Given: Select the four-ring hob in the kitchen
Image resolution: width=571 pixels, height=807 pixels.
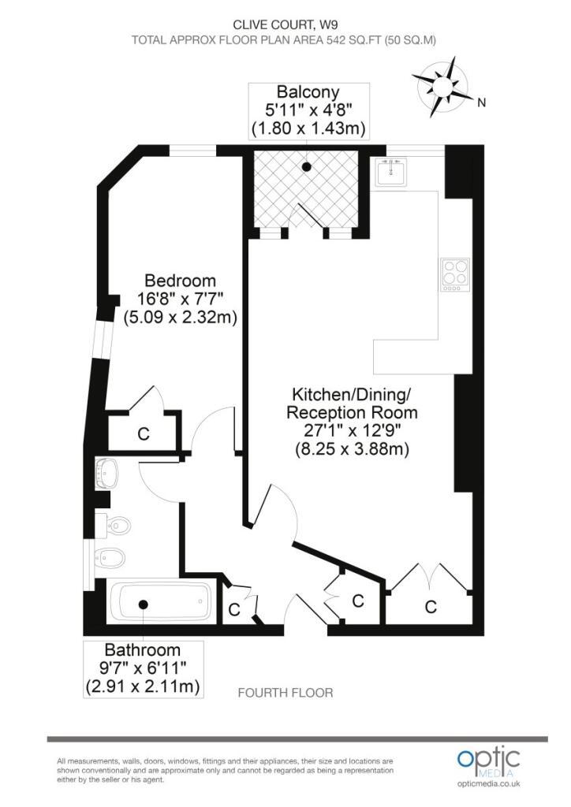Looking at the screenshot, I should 455,275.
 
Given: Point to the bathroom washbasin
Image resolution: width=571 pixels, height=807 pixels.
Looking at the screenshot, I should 107,473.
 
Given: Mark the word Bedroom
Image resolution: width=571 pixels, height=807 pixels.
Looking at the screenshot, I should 180,281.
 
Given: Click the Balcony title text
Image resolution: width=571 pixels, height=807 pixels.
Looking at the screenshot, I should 308,92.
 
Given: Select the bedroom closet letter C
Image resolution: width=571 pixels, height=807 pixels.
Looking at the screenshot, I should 144,434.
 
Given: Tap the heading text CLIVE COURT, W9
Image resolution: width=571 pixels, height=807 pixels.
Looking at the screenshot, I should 285,23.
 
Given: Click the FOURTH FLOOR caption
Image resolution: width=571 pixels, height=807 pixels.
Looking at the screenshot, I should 285,693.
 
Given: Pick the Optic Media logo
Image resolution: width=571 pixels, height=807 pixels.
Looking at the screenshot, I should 489,761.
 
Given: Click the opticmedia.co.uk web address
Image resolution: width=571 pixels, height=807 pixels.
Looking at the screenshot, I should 489,783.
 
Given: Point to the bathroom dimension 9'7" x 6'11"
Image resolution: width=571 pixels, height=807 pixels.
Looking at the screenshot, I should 143,668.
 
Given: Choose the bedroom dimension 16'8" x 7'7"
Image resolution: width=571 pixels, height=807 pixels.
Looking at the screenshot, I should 180,299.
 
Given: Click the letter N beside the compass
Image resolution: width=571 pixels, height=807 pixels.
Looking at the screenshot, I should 480,102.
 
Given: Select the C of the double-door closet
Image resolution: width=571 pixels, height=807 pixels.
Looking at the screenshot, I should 431,607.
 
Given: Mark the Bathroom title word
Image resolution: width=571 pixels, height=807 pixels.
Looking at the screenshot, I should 143,650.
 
